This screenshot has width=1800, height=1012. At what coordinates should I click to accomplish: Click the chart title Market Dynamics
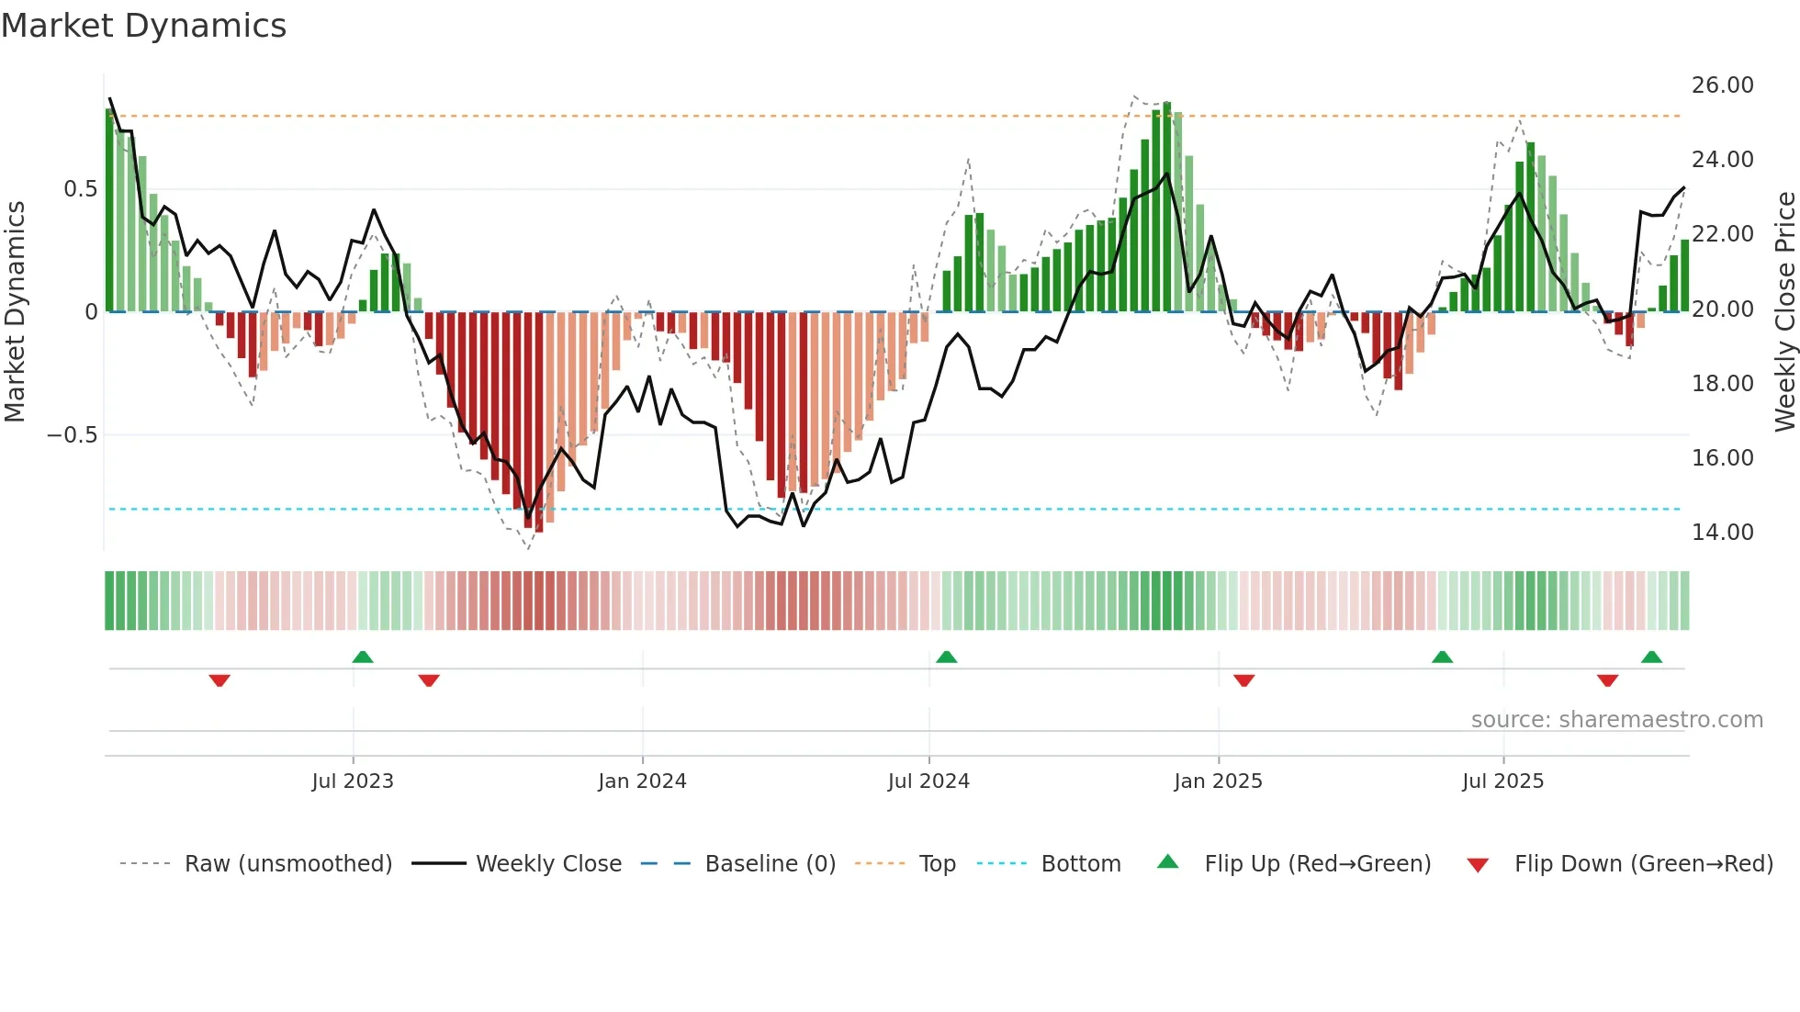[143, 26]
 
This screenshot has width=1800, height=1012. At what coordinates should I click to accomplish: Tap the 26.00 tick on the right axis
[1722, 85]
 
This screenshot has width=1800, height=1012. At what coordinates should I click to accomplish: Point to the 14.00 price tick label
[1722, 533]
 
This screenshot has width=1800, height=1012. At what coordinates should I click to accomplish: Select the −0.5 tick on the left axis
[73, 435]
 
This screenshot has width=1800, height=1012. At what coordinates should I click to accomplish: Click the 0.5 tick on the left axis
[80, 189]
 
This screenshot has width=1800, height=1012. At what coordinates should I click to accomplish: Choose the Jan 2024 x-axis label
[642, 781]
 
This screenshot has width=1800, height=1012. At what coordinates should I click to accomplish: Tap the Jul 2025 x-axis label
[1502, 781]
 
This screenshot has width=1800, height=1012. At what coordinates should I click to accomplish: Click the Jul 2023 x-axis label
[353, 781]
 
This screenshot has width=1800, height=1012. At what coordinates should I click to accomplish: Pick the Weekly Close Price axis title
[1784, 311]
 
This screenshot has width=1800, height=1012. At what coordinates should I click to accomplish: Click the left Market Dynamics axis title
[16, 311]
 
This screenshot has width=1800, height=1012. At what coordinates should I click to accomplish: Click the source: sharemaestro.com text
[1616, 720]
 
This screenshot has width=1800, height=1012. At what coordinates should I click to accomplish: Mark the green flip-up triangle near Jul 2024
[946, 657]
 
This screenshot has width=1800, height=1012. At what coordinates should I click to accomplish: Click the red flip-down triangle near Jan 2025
[1243, 680]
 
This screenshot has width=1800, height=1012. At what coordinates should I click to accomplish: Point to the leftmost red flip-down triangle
[219, 680]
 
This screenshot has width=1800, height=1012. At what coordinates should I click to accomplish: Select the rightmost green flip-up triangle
[1651, 657]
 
